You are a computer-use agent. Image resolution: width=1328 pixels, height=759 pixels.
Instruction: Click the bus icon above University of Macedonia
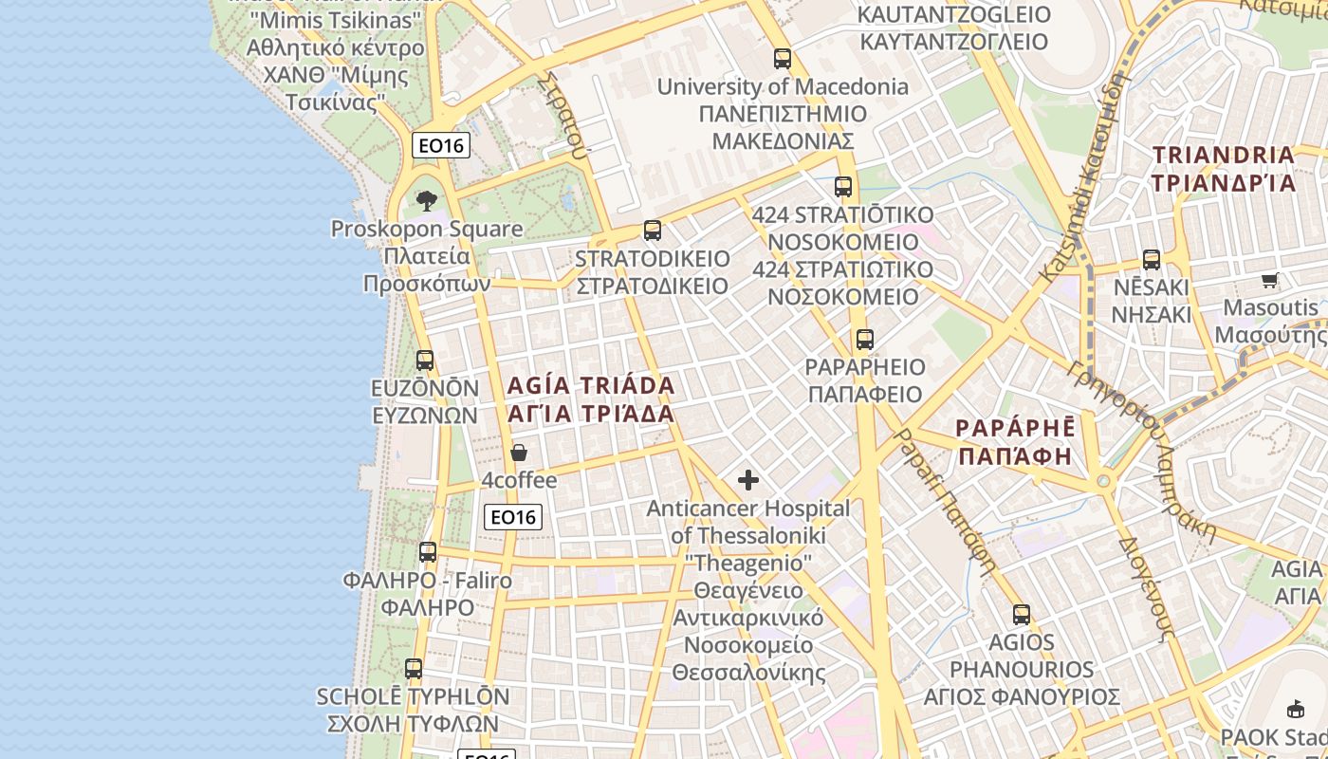pos(782,59)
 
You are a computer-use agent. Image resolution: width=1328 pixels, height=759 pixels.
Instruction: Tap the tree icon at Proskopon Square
pos(427,200)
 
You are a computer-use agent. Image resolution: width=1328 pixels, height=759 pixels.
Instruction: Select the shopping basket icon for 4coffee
pos(518,453)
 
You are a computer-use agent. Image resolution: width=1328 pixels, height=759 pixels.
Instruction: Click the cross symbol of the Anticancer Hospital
pos(748,480)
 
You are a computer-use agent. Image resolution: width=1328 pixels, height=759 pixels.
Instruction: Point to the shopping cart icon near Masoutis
pos(1270,280)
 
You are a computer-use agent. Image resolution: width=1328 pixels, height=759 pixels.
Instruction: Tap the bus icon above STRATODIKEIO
pos(652,231)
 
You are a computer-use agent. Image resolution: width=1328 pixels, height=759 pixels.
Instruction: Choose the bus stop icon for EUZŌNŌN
pos(425,361)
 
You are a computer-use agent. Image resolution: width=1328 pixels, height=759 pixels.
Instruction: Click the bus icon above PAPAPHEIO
pos(864,340)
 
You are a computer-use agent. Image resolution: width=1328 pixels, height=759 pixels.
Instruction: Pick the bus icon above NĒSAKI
pos(1152,260)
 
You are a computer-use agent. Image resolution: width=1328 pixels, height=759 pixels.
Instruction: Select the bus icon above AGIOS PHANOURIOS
pos(1021,615)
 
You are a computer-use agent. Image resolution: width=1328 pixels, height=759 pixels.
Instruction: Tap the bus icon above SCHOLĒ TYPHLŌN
pos(414,669)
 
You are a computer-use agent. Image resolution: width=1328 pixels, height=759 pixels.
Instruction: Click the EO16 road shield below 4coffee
pos(513,517)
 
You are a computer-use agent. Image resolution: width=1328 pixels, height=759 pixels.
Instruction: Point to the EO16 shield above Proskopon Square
pos(441,145)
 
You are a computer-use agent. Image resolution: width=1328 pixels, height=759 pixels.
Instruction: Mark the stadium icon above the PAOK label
pos(1295,709)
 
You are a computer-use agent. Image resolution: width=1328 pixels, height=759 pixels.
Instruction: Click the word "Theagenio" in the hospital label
pos(748,564)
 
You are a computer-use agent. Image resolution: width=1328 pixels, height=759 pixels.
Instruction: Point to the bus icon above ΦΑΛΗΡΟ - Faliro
pos(428,552)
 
